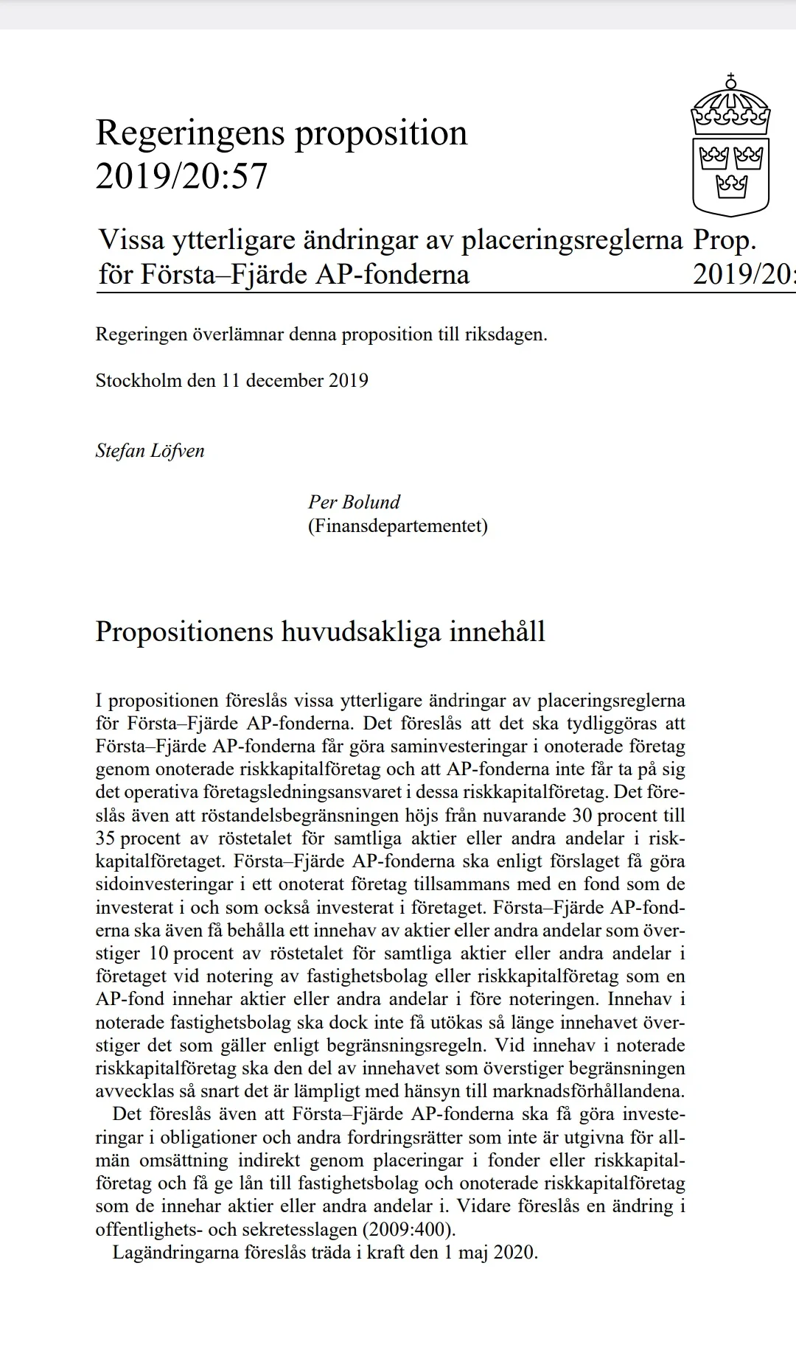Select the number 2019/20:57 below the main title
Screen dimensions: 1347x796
pyautogui.click(x=181, y=177)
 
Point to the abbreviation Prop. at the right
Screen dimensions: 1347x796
pyautogui.click(x=725, y=239)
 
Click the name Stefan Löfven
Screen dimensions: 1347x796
pyautogui.click(x=150, y=450)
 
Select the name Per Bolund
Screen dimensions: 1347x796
pyautogui.click(x=354, y=502)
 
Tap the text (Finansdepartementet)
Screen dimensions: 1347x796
pyautogui.click(x=398, y=525)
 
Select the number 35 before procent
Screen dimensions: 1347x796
pyautogui.click(x=105, y=838)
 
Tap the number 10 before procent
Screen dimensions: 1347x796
pyautogui.click(x=158, y=953)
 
